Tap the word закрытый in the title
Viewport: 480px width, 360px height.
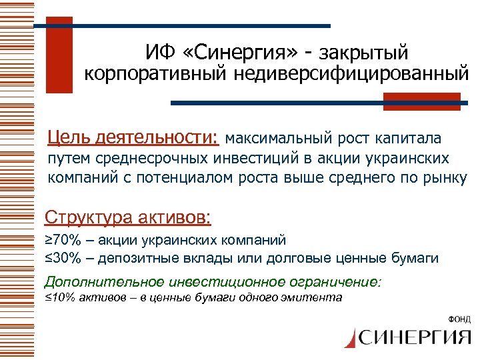coord(365,51)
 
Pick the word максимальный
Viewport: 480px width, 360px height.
coord(278,139)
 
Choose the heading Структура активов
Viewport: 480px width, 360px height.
coord(127,217)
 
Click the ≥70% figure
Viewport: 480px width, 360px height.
coord(64,239)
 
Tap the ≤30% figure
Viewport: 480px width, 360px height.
coord(64,258)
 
